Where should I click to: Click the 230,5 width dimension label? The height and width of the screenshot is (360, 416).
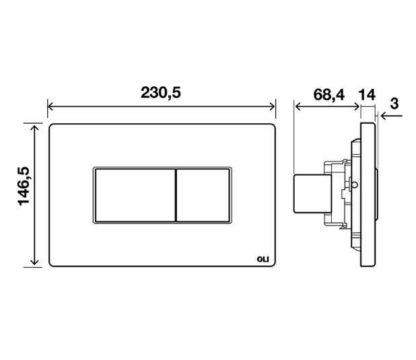pyautogui.click(x=161, y=93)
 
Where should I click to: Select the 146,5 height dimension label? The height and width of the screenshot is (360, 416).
pyautogui.click(x=24, y=186)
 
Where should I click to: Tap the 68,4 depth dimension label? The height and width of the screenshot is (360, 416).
pyautogui.click(x=328, y=95)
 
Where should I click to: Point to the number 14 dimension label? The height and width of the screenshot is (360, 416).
pyautogui.click(x=367, y=95)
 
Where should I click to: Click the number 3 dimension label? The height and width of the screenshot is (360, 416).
pyautogui.click(x=394, y=104)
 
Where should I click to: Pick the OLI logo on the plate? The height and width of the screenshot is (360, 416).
pyautogui.click(x=263, y=259)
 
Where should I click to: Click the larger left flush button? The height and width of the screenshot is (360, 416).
pyautogui.click(x=135, y=195)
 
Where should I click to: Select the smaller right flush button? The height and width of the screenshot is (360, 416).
pyautogui.click(x=203, y=195)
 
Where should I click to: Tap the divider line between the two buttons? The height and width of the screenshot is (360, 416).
pyautogui.click(x=176, y=195)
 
